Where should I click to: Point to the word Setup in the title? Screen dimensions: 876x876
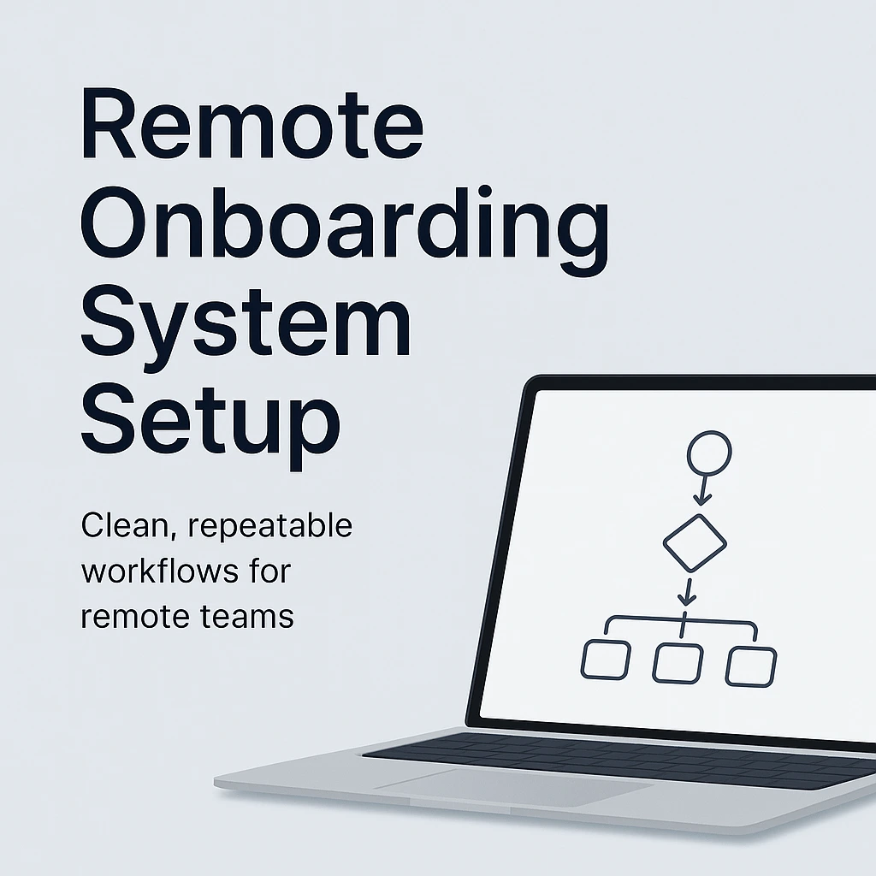(x=210, y=423)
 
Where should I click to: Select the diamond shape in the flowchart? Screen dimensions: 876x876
(x=695, y=542)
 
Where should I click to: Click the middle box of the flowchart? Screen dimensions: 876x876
(x=678, y=664)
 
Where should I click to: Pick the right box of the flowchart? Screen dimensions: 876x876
(x=751, y=666)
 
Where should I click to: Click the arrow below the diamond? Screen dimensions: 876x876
(x=687, y=591)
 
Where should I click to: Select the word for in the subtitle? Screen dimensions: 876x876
(x=271, y=571)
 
